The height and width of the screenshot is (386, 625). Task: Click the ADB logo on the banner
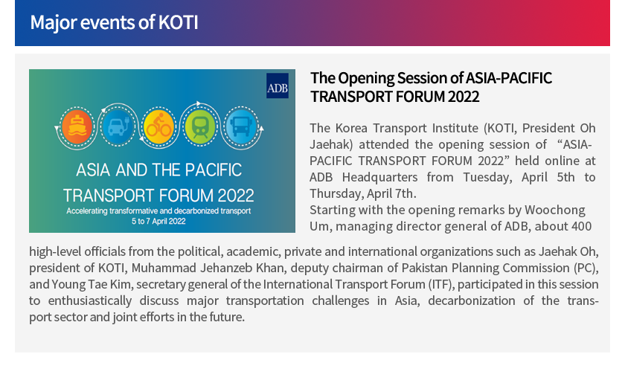(x=278, y=86)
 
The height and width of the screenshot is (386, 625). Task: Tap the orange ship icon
(x=77, y=127)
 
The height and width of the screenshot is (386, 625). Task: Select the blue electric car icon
(x=118, y=126)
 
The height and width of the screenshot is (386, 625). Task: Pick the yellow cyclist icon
(x=158, y=127)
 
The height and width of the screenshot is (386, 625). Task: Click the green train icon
(x=200, y=126)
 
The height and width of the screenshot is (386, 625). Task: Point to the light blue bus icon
(x=241, y=126)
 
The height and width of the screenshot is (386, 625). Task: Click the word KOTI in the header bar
(x=178, y=22)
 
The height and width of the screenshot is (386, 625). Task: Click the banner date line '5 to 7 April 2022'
(x=158, y=222)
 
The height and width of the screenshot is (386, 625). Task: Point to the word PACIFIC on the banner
(x=214, y=170)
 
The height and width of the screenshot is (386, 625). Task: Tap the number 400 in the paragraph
(x=582, y=226)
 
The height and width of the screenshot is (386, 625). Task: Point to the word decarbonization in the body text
(x=472, y=300)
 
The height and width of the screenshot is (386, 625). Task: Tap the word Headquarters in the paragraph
(x=380, y=177)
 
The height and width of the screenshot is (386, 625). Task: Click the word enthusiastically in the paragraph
(x=90, y=301)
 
